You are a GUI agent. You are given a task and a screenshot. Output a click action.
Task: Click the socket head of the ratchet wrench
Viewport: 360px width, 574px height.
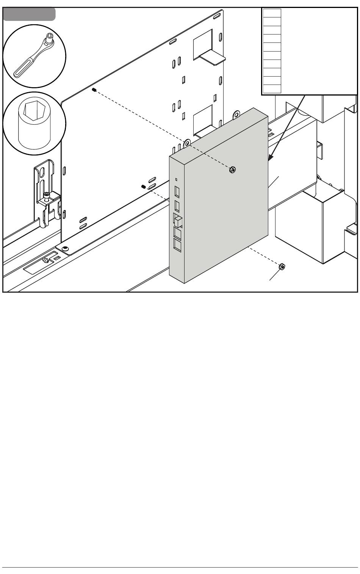[x=50, y=39]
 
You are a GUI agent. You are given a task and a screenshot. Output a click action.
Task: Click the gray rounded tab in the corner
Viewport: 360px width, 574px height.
[x=29, y=14]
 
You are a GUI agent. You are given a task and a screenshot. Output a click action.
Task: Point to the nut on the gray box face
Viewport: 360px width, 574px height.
[x=232, y=169]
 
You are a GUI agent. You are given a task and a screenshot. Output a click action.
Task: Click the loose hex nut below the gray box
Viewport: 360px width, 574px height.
[x=282, y=267]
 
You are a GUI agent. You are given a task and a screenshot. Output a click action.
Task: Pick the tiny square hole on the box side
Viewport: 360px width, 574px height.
[x=176, y=179]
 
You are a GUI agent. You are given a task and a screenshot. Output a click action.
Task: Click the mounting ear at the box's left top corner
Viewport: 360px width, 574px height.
[x=186, y=143]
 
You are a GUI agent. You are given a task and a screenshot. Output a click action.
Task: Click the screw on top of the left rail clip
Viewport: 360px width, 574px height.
[x=46, y=195]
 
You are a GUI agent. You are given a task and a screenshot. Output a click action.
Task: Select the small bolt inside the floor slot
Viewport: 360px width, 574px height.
[x=46, y=260]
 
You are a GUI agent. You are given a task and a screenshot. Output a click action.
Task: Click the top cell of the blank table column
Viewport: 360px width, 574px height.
[x=272, y=13]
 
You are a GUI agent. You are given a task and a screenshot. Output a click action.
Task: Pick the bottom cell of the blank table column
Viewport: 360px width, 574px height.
[x=272, y=89]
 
